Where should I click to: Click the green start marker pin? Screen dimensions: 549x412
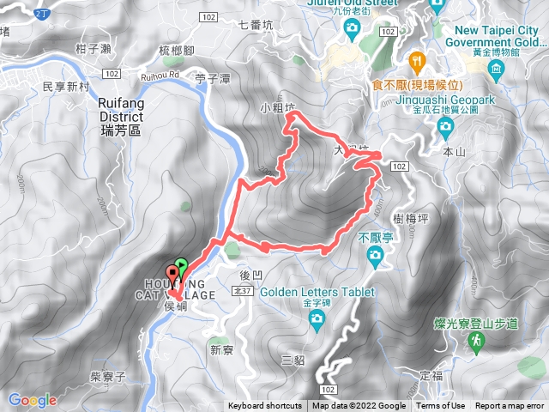(x=181, y=265)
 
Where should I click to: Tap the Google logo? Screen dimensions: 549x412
(x=32, y=399)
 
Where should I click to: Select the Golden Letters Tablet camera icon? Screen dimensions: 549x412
(x=317, y=319)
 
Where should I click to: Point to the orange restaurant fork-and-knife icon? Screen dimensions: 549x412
(x=416, y=60)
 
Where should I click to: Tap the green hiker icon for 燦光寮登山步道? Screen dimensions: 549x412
(x=474, y=342)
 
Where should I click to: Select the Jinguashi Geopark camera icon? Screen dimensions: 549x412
(x=444, y=128)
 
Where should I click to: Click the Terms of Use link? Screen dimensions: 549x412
(x=440, y=406)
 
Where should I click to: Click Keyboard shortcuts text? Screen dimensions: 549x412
(x=264, y=406)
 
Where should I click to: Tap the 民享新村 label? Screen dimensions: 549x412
(x=66, y=88)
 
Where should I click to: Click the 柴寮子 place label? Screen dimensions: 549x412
(x=107, y=377)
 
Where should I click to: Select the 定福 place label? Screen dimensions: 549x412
(x=433, y=376)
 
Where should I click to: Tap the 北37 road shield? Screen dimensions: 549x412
(x=241, y=291)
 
